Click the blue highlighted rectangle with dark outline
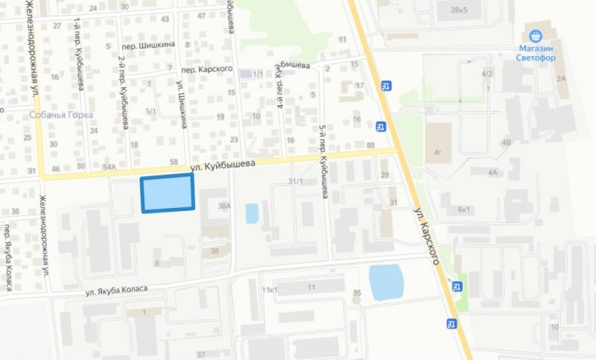click(168, 193)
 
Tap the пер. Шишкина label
click(152, 45)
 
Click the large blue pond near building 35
click(386, 282)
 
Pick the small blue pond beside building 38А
click(252, 213)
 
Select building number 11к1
click(270, 288)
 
